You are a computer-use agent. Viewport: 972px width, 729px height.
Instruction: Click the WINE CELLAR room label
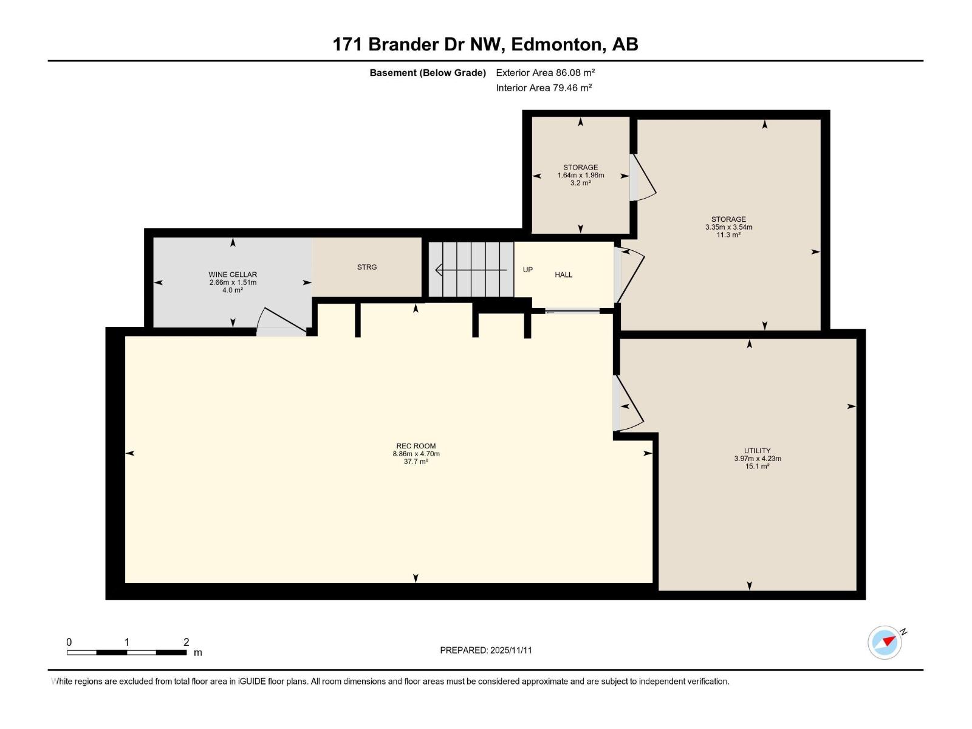[233, 275]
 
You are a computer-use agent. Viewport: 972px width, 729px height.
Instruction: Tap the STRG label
[367, 267]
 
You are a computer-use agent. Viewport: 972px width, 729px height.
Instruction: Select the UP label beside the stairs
[528, 270]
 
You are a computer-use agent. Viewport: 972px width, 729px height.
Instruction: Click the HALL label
[563, 275]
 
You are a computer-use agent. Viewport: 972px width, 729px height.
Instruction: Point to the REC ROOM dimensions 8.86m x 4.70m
[416, 454]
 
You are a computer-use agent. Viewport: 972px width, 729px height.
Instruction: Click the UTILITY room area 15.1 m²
[757, 467]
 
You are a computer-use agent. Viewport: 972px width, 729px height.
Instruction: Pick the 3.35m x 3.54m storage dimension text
[728, 227]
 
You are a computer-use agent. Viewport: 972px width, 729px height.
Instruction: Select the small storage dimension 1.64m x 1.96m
[580, 175]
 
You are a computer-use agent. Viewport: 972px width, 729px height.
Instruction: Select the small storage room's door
[643, 178]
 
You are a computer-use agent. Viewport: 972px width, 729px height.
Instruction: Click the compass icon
[885, 642]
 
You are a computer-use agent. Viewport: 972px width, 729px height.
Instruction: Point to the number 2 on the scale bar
[186, 642]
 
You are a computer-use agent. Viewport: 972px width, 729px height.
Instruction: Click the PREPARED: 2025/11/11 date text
[485, 650]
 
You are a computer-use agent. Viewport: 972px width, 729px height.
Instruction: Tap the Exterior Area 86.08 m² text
[545, 72]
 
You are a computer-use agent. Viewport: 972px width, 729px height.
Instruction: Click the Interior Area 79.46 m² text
[543, 87]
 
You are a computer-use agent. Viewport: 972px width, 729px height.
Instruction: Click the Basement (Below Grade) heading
[427, 73]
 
